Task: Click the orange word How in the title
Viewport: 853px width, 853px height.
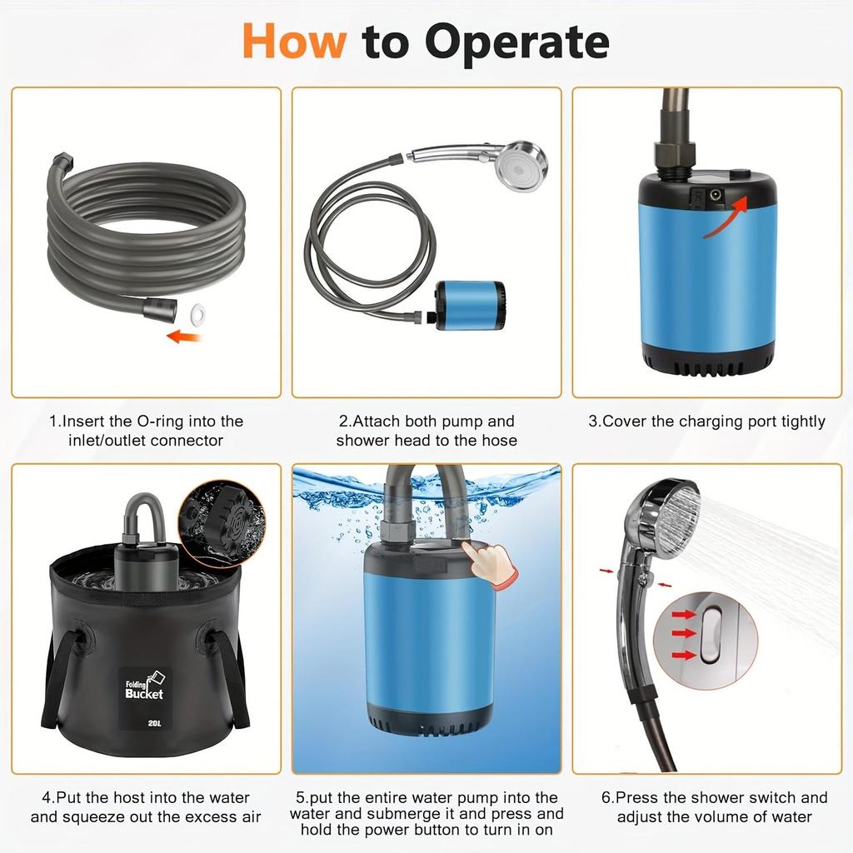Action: click(293, 42)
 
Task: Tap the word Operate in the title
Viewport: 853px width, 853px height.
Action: click(516, 42)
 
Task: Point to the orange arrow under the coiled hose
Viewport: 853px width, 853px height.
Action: click(184, 337)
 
